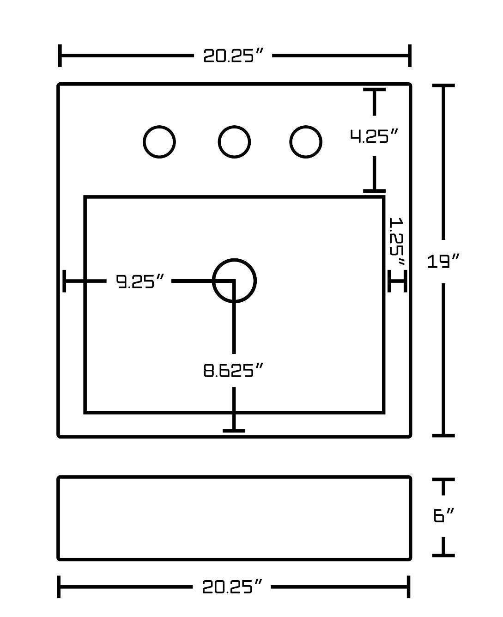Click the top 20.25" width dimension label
tap(233, 56)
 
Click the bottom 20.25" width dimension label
tap(232, 587)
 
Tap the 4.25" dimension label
tap(374, 136)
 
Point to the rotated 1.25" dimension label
tap(397, 241)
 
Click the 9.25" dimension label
tap(140, 281)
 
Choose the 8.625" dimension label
tap(234, 370)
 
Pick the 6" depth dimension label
tap(444, 515)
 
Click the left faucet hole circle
tap(159, 142)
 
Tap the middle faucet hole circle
tap(234, 142)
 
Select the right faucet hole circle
tap(305, 142)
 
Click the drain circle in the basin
tap(234, 281)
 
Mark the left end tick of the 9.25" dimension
tap(65, 281)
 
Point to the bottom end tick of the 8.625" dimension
tap(234, 430)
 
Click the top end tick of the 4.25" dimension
tap(374, 90)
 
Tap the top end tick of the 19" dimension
tap(443, 86)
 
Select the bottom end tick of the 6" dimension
tap(443, 555)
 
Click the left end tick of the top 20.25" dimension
tap(60, 56)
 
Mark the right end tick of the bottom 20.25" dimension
tap(409, 587)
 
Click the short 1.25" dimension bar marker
tap(397, 281)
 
